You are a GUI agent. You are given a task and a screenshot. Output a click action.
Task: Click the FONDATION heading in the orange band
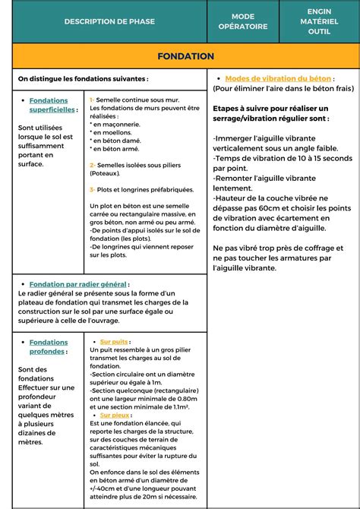(185, 56)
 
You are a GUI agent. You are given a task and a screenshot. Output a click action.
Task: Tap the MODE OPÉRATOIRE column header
(243, 21)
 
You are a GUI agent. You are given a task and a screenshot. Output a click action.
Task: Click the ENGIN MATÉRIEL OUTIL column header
(319, 21)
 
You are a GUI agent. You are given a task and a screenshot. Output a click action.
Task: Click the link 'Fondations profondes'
(48, 347)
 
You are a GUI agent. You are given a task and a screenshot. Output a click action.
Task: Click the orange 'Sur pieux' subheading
(115, 416)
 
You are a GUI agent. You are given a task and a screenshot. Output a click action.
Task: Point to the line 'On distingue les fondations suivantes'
(83, 78)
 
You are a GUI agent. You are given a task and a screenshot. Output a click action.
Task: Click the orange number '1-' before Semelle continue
(93, 100)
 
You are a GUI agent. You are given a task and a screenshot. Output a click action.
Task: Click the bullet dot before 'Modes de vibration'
(219, 79)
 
